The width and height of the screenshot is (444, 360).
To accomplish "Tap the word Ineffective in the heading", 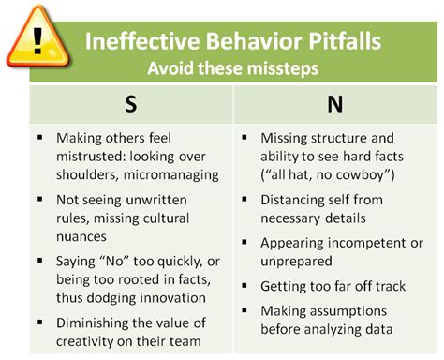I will click(x=134, y=43).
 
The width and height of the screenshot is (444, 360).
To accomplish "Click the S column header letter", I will click(x=130, y=103).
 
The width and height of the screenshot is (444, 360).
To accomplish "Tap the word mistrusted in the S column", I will click(x=94, y=156).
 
